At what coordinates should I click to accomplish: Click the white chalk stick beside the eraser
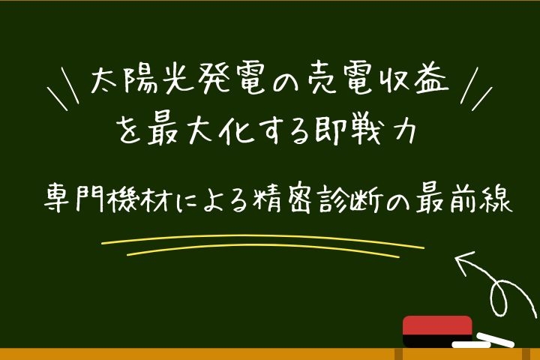click(x=493, y=339)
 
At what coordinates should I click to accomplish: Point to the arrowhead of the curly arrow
click(x=460, y=260)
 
